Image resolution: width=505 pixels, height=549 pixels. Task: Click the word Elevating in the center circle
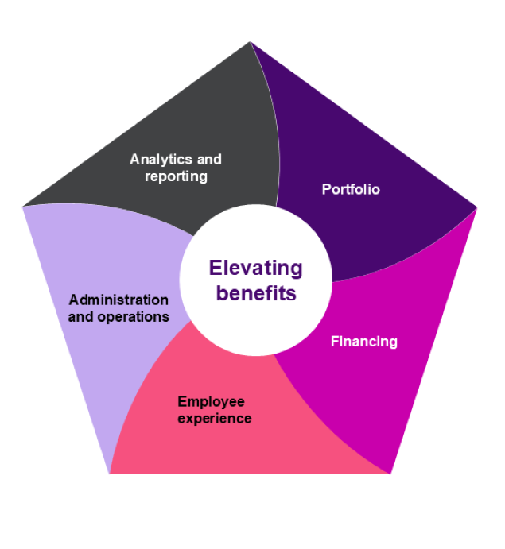point(255,268)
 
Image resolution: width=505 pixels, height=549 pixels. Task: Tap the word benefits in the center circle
point(256,293)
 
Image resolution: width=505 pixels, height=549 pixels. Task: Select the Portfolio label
point(351,189)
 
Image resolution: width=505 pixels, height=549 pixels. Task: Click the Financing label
point(363,342)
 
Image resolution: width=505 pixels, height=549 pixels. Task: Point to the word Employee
point(211,402)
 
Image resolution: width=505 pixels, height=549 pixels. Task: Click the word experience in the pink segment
point(215,418)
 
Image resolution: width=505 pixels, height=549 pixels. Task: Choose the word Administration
point(118,300)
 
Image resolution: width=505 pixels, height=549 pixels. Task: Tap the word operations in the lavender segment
point(132,316)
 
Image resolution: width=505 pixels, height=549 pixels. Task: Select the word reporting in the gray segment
point(176,176)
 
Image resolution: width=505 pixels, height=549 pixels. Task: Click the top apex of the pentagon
point(251,43)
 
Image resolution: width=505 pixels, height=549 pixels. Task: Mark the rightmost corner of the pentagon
point(476,207)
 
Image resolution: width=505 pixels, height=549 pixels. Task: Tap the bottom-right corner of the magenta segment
point(390,473)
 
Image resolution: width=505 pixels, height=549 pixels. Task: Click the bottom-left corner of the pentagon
point(110,473)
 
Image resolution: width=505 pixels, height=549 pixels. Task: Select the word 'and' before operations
point(80,316)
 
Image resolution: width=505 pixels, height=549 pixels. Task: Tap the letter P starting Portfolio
point(326,189)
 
